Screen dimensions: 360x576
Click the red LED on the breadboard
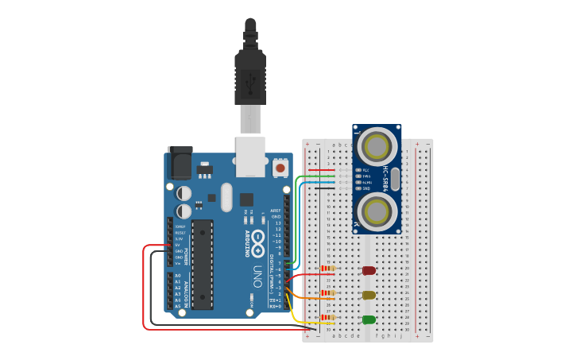tap(369, 270)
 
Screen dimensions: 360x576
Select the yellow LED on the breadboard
tap(369, 295)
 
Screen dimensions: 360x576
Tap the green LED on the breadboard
tap(369, 319)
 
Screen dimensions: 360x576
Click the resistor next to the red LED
tap(327, 269)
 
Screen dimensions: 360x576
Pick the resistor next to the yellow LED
tap(327, 293)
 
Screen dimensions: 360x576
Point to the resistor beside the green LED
tap(327, 318)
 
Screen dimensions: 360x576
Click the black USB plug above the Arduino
tap(249, 75)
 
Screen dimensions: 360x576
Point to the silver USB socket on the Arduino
tap(251, 154)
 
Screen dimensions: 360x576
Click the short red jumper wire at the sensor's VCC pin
tap(322, 170)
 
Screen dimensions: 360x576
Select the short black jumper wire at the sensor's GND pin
tap(322, 188)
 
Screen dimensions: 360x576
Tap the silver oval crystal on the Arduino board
tap(226, 197)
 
